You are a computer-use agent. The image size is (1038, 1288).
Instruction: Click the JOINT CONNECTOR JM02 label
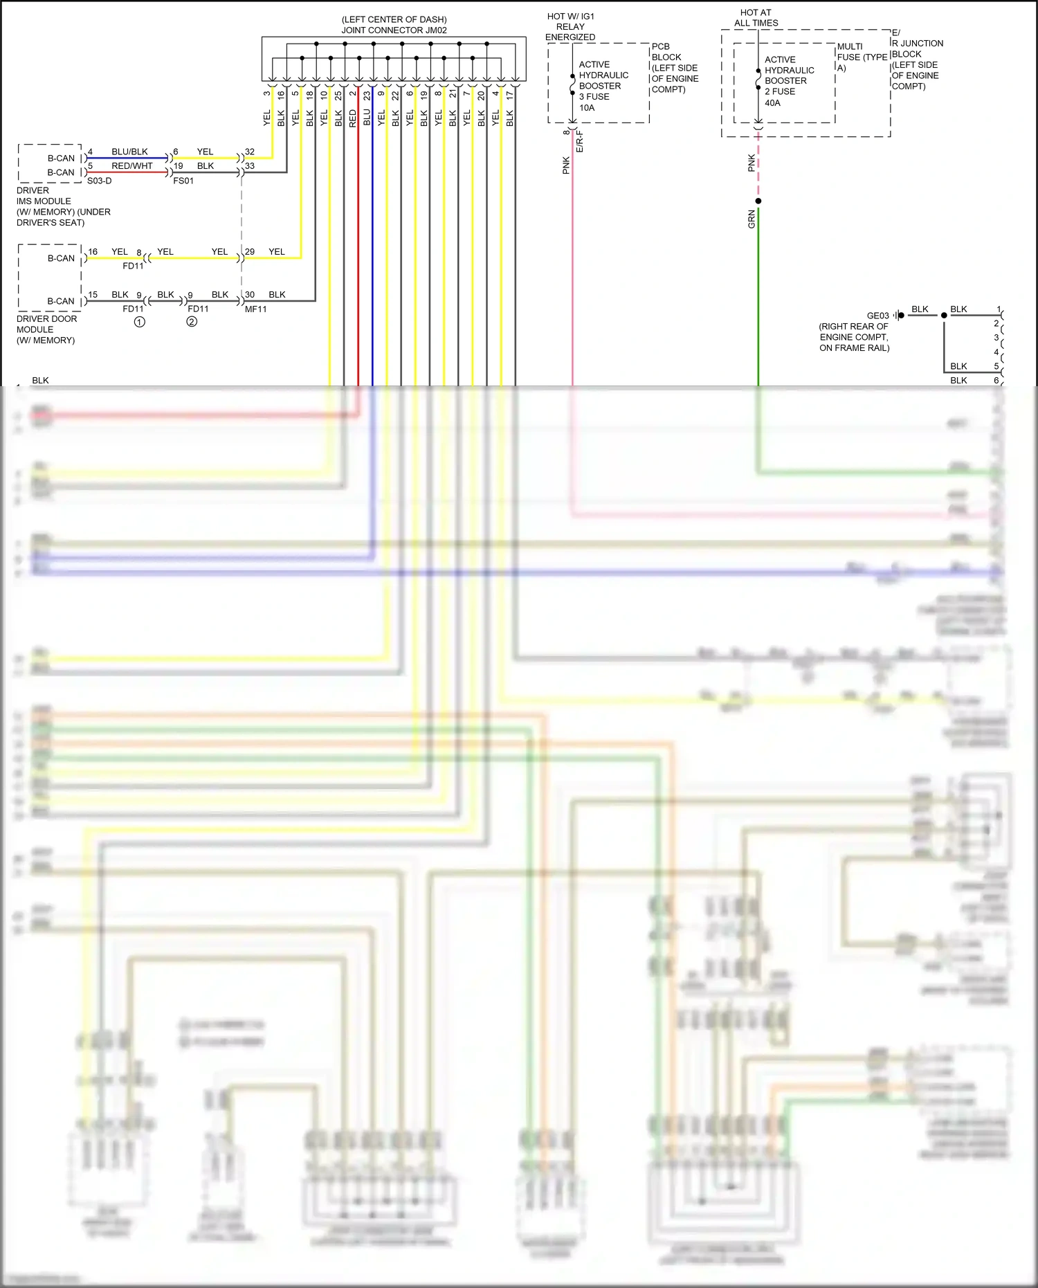394,30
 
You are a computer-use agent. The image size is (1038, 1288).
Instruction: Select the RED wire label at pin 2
353,118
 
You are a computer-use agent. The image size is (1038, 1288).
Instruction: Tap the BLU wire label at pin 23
367,118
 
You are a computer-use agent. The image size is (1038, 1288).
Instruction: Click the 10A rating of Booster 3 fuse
587,108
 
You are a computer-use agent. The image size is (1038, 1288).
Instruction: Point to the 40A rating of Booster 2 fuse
772,103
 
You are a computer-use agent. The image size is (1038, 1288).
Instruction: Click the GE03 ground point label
877,316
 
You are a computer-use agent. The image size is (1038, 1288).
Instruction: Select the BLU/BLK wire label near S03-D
129,152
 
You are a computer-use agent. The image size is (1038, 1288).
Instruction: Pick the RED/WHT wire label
131,166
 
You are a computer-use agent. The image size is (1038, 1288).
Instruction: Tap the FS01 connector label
183,181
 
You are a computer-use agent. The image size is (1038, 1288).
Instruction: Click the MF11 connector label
255,309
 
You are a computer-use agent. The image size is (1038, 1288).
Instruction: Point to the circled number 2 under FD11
192,322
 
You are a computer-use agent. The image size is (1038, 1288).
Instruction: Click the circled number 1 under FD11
139,322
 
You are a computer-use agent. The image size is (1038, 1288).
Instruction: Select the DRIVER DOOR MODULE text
46,329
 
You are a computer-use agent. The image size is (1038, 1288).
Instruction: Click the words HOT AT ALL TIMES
756,18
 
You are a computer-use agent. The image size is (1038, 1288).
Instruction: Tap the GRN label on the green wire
752,219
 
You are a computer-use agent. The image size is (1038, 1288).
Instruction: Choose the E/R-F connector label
580,141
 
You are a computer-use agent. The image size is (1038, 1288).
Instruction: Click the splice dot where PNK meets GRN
758,201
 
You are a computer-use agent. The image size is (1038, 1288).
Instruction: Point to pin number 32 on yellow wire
250,152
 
